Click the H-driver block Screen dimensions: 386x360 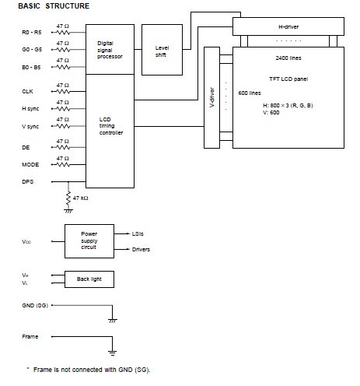[289, 28]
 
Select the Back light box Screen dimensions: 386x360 [88, 278]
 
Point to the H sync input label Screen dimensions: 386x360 [30, 109]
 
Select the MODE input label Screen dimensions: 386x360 [30, 164]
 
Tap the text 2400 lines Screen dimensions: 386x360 [289, 58]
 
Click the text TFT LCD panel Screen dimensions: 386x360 [289, 79]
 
